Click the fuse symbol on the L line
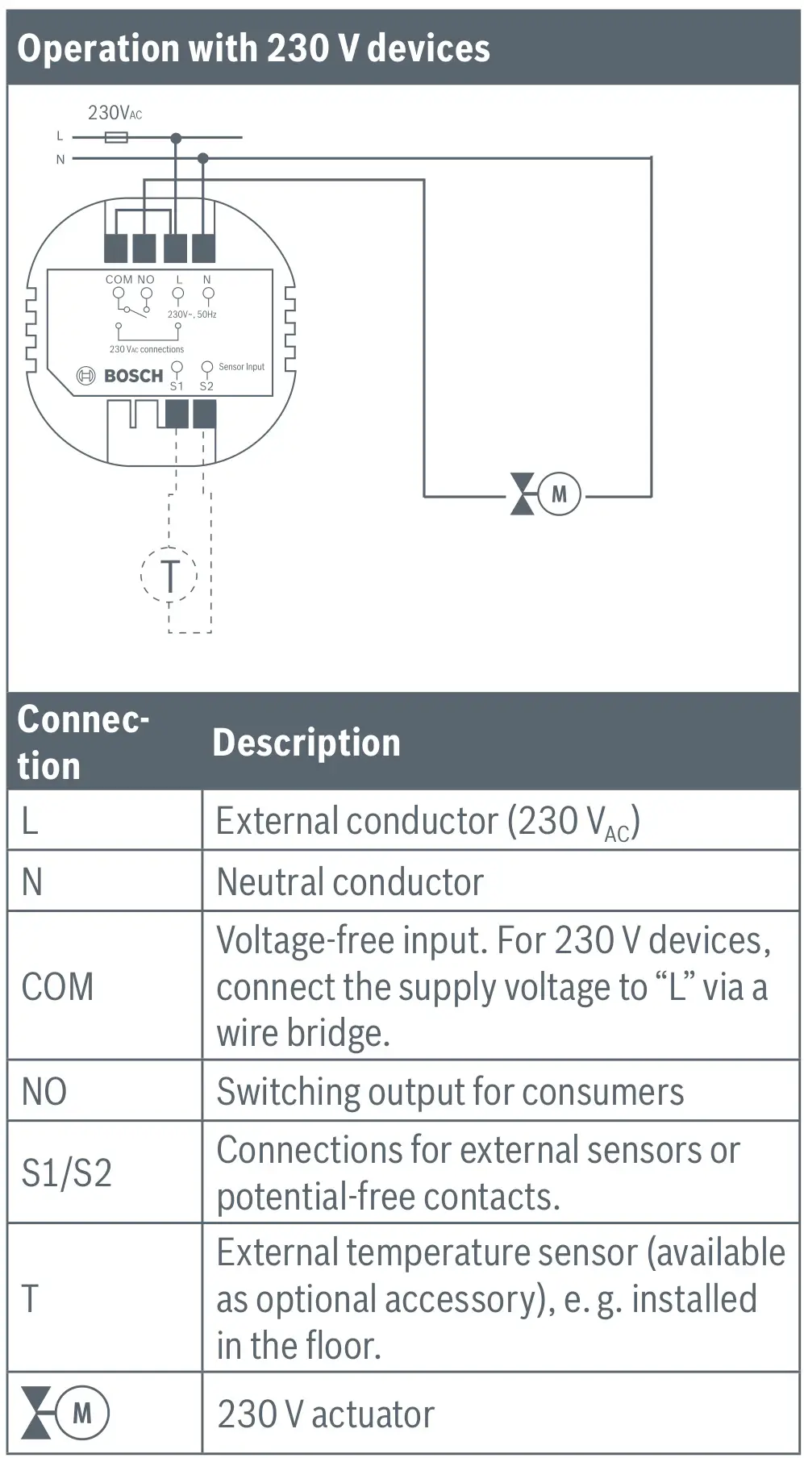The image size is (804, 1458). pyautogui.click(x=116, y=137)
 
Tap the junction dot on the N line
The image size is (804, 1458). pyautogui.click(x=203, y=159)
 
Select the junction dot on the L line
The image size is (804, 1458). pyautogui.click(x=176, y=138)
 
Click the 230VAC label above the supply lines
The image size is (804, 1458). pyautogui.click(x=115, y=113)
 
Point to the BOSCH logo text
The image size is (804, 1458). pyautogui.click(x=133, y=376)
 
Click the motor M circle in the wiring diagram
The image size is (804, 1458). pyautogui.click(x=559, y=494)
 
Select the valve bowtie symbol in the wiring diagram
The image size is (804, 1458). pyautogui.click(x=523, y=494)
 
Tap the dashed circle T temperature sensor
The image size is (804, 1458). pyautogui.click(x=169, y=576)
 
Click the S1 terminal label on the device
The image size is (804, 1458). pyautogui.click(x=177, y=386)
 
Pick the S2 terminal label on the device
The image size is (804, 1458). pyautogui.click(x=206, y=386)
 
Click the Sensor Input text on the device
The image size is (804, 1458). pyautogui.click(x=241, y=367)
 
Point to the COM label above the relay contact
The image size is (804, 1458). pyautogui.click(x=119, y=280)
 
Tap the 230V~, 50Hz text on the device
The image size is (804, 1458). pyautogui.click(x=192, y=315)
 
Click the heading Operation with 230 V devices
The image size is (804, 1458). pyautogui.click(x=253, y=48)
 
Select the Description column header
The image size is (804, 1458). pyautogui.click(x=306, y=743)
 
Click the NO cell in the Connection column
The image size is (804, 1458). pyautogui.click(x=44, y=1092)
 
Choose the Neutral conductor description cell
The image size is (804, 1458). pyautogui.click(x=350, y=882)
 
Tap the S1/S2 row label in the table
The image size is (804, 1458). pyautogui.click(x=66, y=1173)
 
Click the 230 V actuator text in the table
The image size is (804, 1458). pyautogui.click(x=326, y=1414)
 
